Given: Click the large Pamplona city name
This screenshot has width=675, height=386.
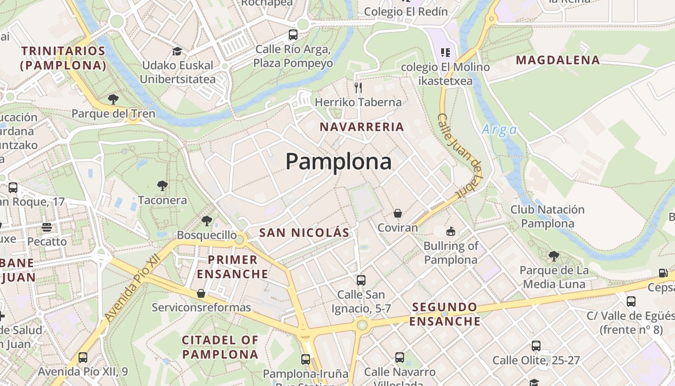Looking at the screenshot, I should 338,162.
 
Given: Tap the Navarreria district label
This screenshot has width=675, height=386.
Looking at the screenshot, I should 362,127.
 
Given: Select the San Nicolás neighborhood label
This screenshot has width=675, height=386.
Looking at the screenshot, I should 304,233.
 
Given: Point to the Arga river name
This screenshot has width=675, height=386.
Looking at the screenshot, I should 499,129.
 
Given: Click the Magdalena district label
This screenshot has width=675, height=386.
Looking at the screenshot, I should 558,60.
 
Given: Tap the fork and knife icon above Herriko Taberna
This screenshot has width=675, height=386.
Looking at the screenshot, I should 358,87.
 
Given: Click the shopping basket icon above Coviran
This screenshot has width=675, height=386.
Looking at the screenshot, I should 398,213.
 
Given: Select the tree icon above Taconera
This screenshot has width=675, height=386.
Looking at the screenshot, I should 162,185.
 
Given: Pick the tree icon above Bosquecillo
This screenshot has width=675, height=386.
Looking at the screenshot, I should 207,221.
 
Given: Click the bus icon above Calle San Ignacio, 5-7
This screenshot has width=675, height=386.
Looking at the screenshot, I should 361,280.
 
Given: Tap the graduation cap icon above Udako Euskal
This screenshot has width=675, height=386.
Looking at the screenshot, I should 177,51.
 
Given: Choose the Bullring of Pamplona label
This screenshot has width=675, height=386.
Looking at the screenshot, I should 450,253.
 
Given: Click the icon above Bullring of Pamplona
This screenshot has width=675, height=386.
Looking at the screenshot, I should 450,232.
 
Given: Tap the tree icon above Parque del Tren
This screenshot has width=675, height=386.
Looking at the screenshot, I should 113,99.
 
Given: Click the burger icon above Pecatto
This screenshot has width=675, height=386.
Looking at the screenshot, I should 47,227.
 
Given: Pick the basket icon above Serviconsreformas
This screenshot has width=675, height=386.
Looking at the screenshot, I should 201,293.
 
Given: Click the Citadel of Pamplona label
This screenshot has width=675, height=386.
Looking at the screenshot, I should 220,347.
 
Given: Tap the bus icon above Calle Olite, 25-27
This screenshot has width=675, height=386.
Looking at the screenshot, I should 536,345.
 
